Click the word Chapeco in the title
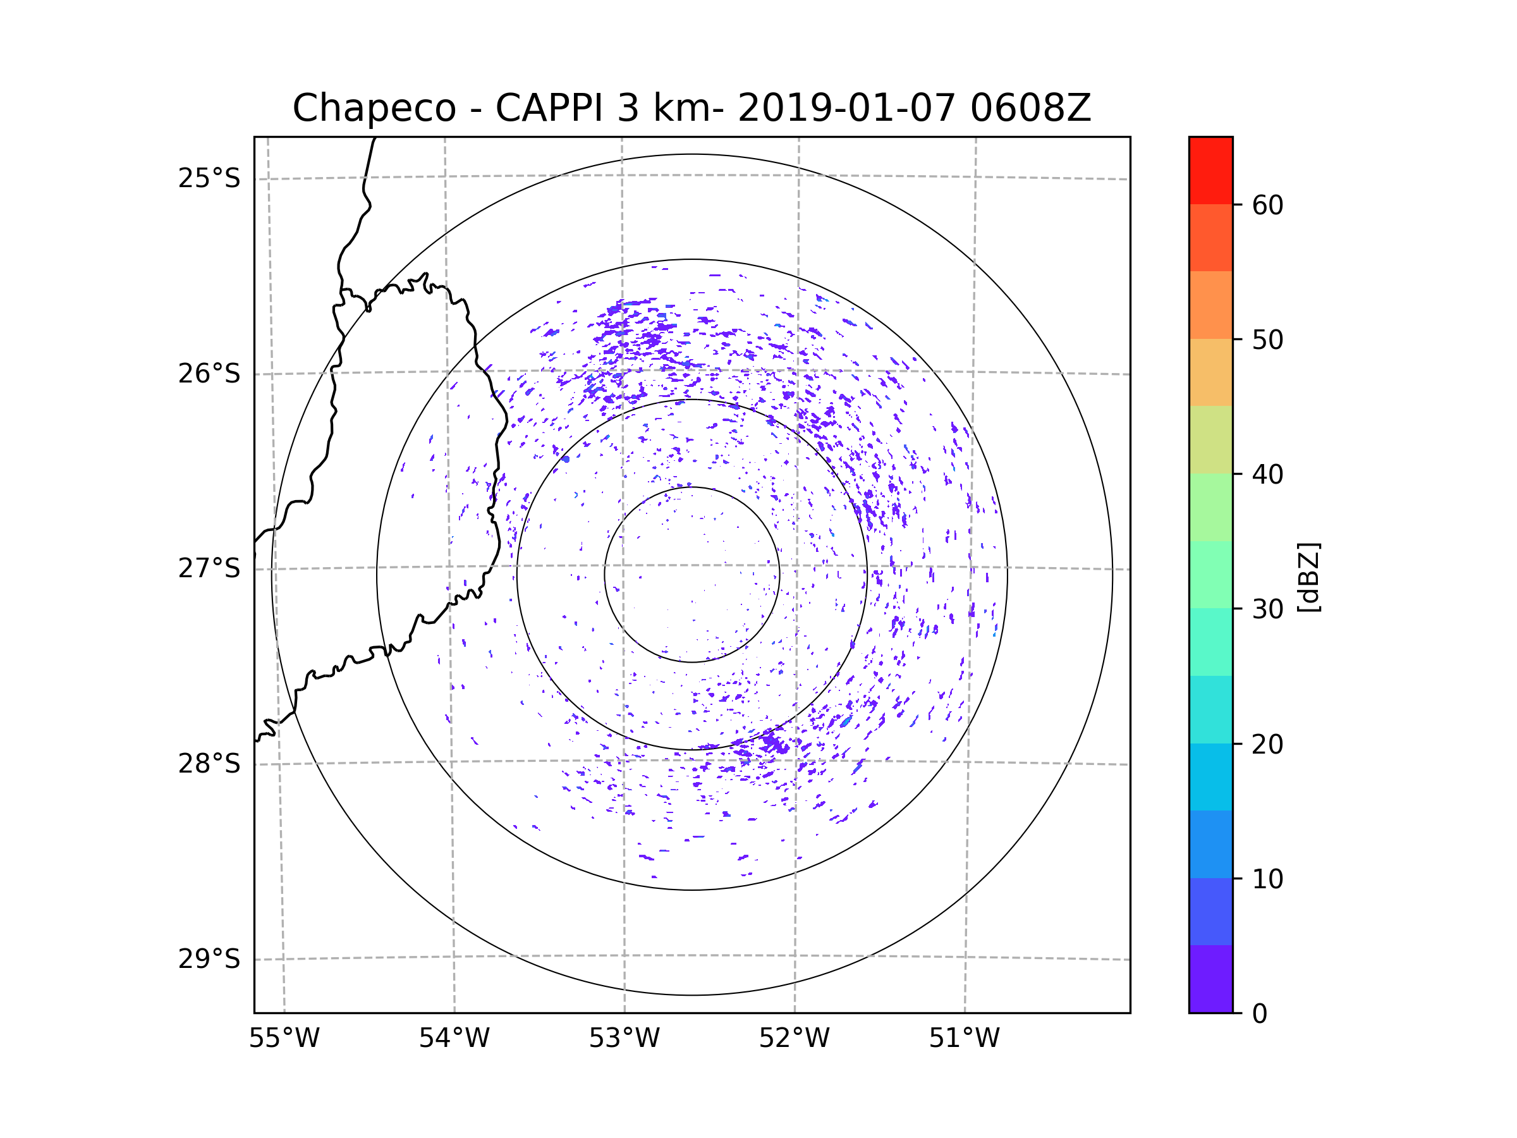pos(374,108)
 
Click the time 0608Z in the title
pos(1030,108)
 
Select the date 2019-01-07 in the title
pos(846,108)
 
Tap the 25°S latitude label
pos(209,178)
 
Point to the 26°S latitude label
pos(209,374)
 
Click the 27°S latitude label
pos(209,568)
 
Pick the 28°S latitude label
pos(209,764)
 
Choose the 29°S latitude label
pos(209,959)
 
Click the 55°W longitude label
pos(284,1039)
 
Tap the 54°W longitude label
pos(454,1039)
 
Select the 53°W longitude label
pos(624,1039)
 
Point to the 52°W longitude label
pos(794,1039)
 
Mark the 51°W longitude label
pos(964,1039)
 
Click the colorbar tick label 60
pos(1267,205)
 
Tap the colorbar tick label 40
pos(1267,475)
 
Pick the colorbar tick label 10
pos(1267,879)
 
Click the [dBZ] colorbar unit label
pos(1308,577)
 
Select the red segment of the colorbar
pos(1210,170)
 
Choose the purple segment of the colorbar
pos(1210,979)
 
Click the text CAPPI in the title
pos(549,108)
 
